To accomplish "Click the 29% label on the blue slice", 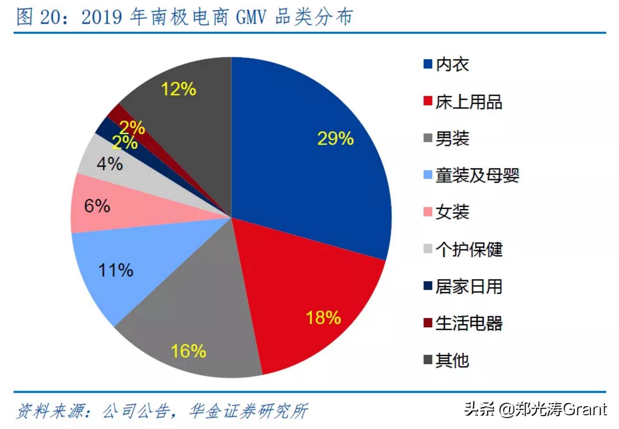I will coord(335,139).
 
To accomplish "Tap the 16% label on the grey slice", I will coord(188,351).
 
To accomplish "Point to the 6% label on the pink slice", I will coord(97,206).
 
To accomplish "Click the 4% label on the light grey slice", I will coord(109,164).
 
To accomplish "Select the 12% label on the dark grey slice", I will coord(178,89).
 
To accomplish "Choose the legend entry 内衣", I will coord(452,64).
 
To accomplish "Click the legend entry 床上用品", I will coord(468,102).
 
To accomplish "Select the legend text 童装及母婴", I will coord(477,175).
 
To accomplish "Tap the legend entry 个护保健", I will coord(468,249).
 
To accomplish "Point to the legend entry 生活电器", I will coord(468,323).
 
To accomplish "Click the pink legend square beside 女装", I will coord(428,212).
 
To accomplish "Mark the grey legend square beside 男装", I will coord(428,139).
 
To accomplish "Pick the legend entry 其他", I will coord(452,360).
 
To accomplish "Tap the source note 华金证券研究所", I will coord(248,411).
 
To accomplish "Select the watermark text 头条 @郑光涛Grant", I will coord(535,409).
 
